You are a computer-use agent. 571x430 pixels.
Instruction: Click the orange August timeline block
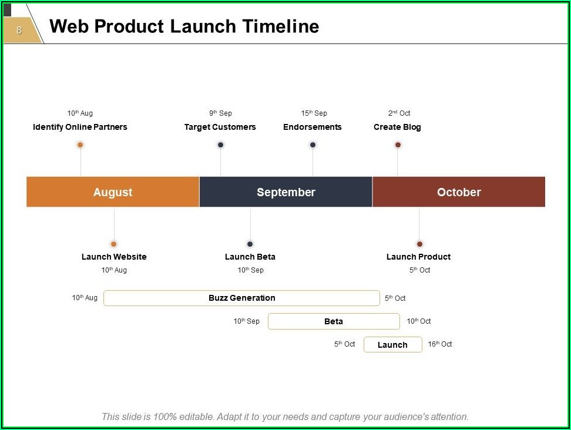[x=113, y=192]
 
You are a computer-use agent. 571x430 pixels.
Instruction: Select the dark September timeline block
[x=286, y=192]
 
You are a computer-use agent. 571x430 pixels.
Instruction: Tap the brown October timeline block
[x=459, y=192]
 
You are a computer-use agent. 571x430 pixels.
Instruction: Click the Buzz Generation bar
[x=241, y=298]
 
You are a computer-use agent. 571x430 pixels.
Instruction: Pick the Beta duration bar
[x=334, y=321]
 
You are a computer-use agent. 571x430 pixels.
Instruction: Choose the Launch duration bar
[x=392, y=344]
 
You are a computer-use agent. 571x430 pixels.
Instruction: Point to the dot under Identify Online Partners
[x=80, y=145]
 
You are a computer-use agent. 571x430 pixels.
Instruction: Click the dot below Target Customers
[x=221, y=145]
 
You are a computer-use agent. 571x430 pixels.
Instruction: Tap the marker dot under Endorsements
[x=313, y=145]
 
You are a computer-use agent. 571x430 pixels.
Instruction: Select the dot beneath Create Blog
[x=398, y=145]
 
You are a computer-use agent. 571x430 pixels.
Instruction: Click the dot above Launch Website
[x=113, y=244]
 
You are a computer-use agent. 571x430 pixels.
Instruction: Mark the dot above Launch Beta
[x=250, y=244]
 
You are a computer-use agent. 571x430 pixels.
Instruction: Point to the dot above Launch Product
[x=419, y=244]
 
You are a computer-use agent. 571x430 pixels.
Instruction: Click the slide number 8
[x=19, y=30]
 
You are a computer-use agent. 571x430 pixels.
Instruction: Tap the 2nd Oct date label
[x=399, y=113]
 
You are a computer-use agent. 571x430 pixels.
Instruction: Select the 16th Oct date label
[x=440, y=344]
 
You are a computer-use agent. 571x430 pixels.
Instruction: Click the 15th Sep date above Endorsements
[x=314, y=113]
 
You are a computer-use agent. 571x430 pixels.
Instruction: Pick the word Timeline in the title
[x=281, y=26]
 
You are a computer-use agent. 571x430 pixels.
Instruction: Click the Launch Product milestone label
[x=418, y=257]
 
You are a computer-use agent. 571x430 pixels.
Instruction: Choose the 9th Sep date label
[x=221, y=113]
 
